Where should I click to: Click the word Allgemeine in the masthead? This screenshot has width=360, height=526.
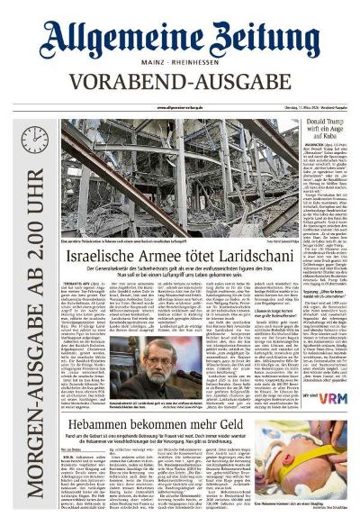pyautogui.click(x=112, y=39)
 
